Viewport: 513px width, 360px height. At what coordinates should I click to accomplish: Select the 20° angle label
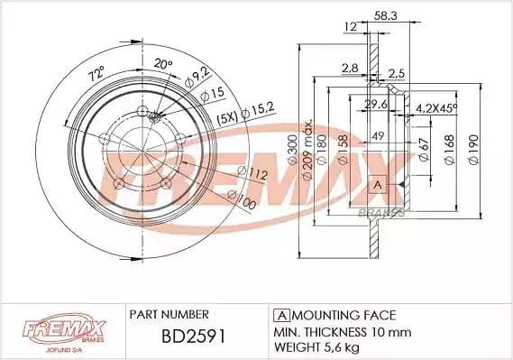(161, 63)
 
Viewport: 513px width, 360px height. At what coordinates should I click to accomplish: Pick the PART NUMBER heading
(169, 314)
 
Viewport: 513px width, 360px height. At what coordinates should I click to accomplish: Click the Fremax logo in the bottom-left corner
(50, 330)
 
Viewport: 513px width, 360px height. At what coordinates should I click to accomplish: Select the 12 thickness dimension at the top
(349, 27)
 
